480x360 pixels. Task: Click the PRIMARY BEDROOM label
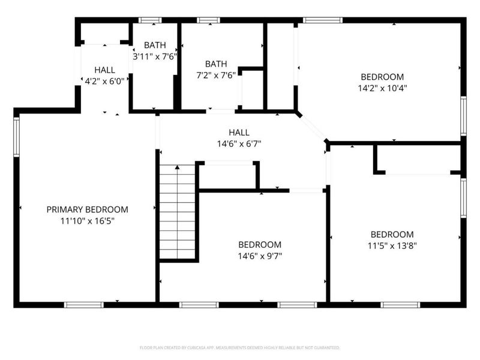[x=87, y=209]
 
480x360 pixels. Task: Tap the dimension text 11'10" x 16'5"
[x=87, y=221]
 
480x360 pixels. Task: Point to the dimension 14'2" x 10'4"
[x=382, y=88]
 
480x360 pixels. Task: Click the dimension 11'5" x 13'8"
[x=392, y=245]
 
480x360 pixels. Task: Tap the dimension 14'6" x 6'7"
[x=239, y=143]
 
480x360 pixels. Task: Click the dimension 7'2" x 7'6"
[x=216, y=74]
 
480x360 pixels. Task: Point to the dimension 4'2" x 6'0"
[x=104, y=81]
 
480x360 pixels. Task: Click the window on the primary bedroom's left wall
[x=16, y=137]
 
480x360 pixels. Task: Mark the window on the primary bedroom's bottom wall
[x=84, y=305]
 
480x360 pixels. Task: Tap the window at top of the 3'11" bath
[x=150, y=20]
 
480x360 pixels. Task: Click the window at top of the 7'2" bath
[x=209, y=20]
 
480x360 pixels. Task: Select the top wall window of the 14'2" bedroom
[x=323, y=20]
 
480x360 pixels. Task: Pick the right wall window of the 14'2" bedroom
[x=463, y=116]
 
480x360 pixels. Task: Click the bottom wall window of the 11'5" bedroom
[x=400, y=305]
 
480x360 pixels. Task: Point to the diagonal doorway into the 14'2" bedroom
[x=312, y=127]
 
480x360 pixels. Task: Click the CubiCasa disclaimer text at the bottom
[x=240, y=347]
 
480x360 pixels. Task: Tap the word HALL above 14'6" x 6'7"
[x=239, y=133]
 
